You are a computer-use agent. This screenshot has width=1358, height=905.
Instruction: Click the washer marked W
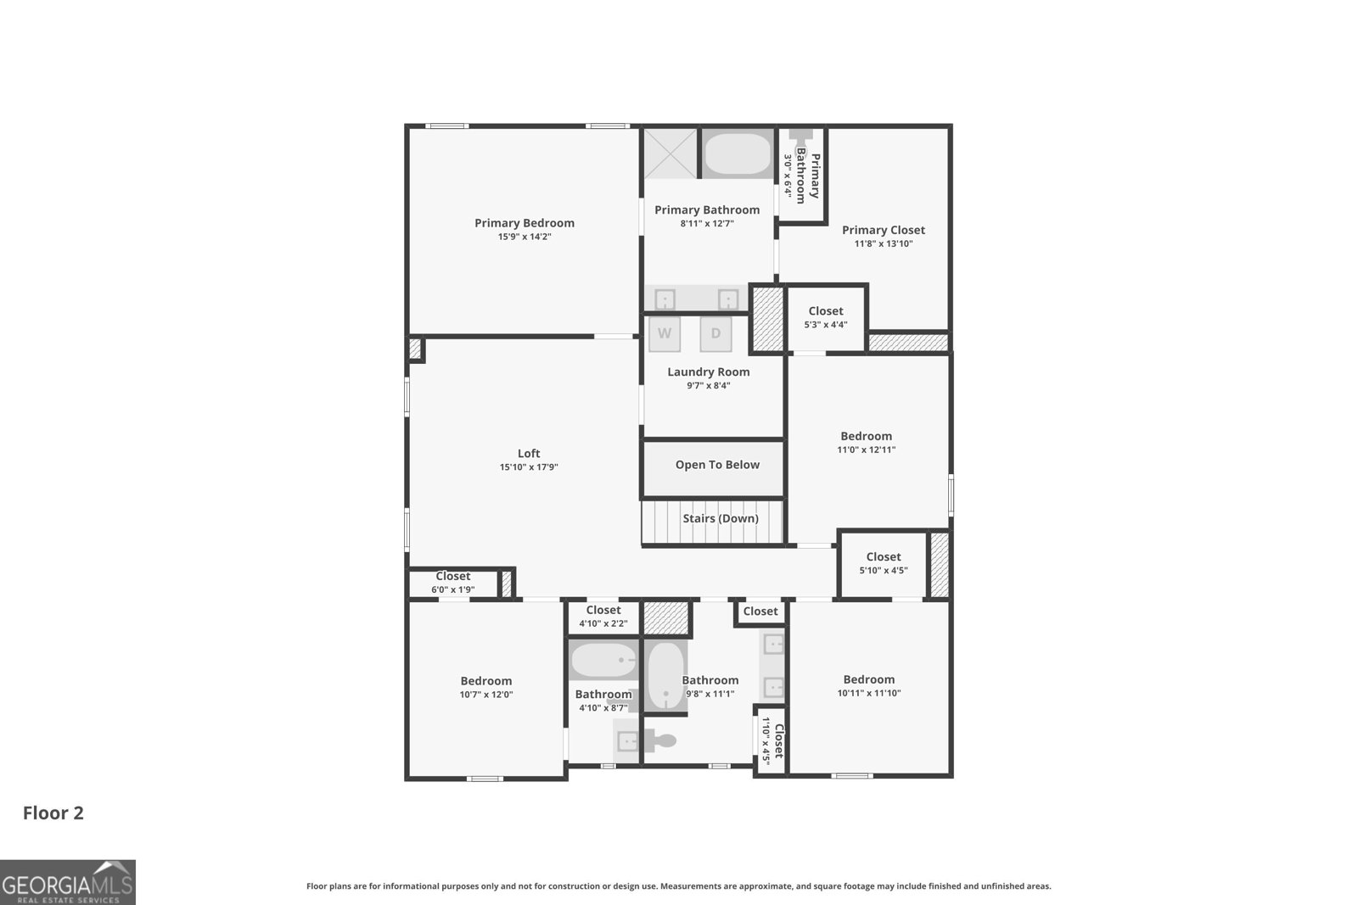[665, 333]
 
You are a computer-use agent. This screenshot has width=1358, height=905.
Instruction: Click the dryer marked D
[715, 333]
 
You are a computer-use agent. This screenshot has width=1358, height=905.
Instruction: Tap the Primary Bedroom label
[525, 223]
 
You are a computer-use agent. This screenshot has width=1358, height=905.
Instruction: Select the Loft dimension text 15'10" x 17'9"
[529, 467]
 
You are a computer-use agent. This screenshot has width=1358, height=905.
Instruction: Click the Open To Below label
[717, 465]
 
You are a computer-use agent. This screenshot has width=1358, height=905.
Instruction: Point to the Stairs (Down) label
[721, 518]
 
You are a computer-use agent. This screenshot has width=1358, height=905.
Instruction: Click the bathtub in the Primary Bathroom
[737, 154]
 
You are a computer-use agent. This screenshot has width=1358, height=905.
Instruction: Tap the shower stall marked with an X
[670, 154]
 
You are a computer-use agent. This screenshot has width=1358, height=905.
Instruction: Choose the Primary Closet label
[883, 230]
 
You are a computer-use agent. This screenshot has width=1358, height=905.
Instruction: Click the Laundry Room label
[708, 371]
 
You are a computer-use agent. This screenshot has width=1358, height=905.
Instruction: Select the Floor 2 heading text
[53, 813]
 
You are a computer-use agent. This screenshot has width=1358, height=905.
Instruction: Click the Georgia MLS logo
[67, 883]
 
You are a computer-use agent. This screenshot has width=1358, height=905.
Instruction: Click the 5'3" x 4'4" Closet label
[826, 311]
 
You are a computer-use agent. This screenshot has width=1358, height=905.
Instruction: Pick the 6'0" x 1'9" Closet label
[452, 577]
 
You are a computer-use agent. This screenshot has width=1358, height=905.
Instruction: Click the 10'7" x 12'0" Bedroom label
[486, 681]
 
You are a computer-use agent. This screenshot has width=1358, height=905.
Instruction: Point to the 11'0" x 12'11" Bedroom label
[866, 436]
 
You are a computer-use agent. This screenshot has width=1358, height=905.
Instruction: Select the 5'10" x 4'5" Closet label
[884, 557]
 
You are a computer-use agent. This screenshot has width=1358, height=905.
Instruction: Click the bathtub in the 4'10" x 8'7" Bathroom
[603, 660]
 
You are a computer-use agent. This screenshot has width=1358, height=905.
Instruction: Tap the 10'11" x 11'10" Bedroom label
[868, 679]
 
